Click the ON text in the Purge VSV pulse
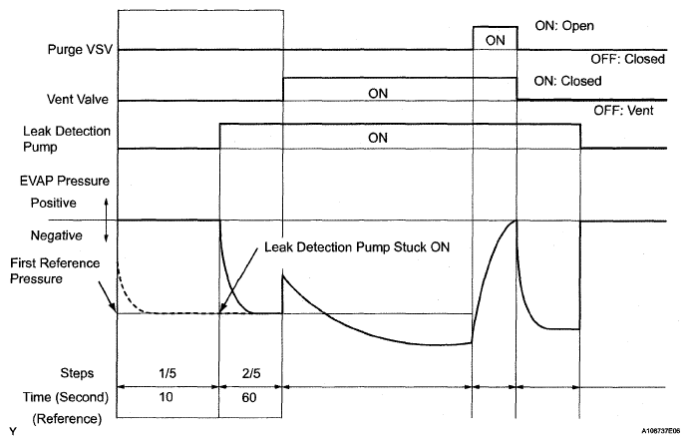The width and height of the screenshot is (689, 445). [x=495, y=40]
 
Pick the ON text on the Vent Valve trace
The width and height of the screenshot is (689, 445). [x=377, y=92]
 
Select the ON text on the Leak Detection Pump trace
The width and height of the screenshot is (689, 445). [x=377, y=137]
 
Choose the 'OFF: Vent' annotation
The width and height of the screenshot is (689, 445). [x=625, y=111]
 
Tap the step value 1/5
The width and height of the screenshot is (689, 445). [x=168, y=375]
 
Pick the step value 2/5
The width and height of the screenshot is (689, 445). [x=250, y=375]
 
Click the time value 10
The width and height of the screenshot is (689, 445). [x=168, y=397]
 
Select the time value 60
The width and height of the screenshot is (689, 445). [x=250, y=397]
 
